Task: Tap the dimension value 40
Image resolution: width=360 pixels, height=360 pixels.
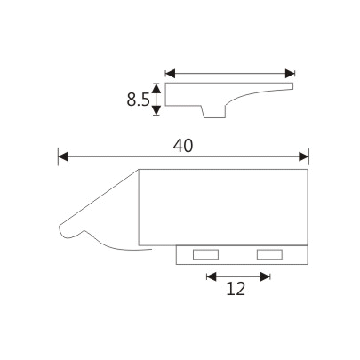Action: [183, 146]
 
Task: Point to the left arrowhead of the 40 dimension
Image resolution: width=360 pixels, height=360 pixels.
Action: [62, 157]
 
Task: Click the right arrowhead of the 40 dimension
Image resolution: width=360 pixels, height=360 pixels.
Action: [304, 157]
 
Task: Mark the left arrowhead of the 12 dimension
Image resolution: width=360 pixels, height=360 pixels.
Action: [212, 276]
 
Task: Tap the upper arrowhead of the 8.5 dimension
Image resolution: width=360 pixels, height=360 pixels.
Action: [157, 87]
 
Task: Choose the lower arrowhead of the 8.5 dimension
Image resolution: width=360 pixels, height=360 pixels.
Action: [157, 110]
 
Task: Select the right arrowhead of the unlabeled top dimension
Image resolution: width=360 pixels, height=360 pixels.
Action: [289, 73]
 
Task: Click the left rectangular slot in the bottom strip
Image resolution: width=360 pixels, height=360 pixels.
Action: [205, 255]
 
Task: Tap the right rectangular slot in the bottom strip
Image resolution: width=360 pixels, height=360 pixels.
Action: [268, 255]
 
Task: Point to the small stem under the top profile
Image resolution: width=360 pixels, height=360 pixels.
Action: [213, 110]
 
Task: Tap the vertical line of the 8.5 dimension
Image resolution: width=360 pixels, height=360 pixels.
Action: [157, 99]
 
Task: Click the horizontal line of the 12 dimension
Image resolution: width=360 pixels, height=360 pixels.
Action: [238, 276]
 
